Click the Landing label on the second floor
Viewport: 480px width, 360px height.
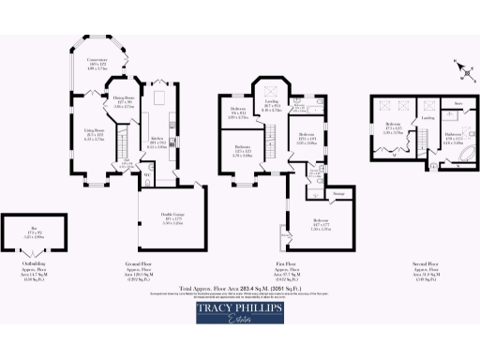[426, 119]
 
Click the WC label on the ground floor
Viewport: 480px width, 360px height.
[147, 173]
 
